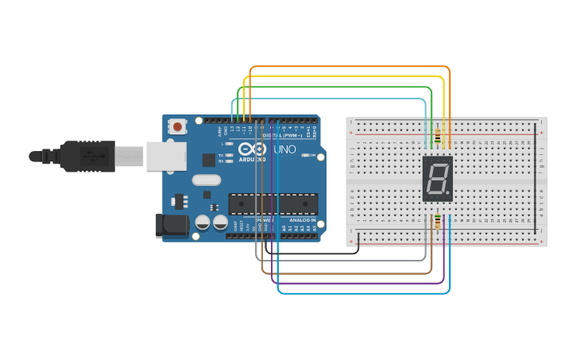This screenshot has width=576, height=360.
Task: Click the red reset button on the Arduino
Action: tap(177, 126)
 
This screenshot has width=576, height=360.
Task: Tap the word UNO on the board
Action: tap(284, 149)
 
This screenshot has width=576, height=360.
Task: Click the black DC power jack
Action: tap(172, 225)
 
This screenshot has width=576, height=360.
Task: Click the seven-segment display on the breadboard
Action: tap(439, 178)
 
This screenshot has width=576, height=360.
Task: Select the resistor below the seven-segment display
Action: tap(438, 222)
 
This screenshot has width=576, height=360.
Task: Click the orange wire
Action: tap(350, 67)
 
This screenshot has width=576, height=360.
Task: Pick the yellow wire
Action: tap(350, 77)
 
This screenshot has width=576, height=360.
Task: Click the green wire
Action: tap(350, 87)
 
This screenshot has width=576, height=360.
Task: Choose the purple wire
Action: tap(358, 284)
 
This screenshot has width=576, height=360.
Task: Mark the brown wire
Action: tap(350, 273)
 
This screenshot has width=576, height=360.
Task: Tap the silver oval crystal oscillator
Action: tap(206, 180)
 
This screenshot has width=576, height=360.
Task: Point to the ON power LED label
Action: tap(312, 155)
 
